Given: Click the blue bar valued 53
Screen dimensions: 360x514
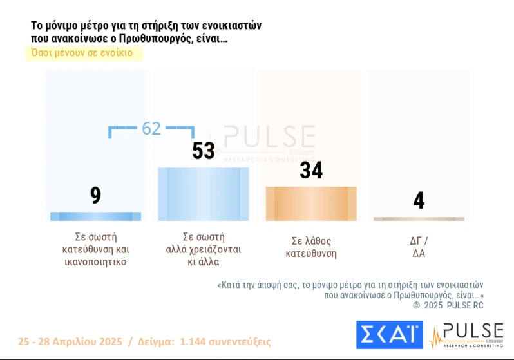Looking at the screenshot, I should click(x=204, y=194).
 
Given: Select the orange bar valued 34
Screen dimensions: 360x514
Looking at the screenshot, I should click(x=311, y=204).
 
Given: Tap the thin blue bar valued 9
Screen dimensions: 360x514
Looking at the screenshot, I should click(x=95, y=216).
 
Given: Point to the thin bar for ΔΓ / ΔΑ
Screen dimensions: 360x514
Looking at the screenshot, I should click(x=419, y=219).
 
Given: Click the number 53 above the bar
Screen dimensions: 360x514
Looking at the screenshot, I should click(x=204, y=151).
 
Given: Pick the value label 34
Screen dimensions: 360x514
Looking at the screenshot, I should click(x=311, y=170).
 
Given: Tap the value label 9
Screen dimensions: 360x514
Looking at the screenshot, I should click(x=95, y=195).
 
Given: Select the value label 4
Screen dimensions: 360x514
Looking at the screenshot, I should click(x=419, y=200).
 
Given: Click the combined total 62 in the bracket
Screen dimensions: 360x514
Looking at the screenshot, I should click(x=151, y=128).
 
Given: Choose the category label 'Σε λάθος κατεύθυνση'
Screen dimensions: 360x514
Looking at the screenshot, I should click(x=311, y=247).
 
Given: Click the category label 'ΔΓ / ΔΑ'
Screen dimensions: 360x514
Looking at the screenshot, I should click(x=419, y=247).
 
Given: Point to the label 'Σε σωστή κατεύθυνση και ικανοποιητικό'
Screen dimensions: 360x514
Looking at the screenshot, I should click(x=95, y=249).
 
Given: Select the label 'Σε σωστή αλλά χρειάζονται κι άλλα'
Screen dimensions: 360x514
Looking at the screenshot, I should click(x=204, y=249).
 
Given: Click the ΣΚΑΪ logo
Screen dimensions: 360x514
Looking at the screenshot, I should click(x=389, y=335).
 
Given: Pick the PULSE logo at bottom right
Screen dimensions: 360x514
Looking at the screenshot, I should click(x=466, y=336).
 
